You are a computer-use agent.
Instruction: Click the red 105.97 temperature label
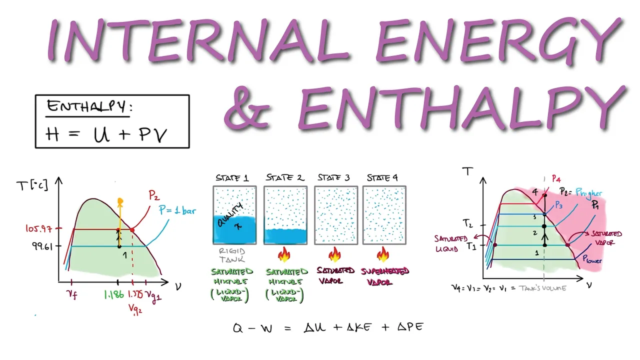pyautogui.click(x=39, y=228)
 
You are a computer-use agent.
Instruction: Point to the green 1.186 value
pyautogui.click(x=114, y=295)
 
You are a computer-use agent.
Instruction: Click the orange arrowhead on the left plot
pyautogui.click(x=119, y=201)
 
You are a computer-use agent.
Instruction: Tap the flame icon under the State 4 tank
pyautogui.click(x=383, y=255)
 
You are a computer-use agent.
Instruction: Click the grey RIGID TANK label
pyautogui.click(x=234, y=255)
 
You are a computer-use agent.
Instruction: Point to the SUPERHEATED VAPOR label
pyautogui.click(x=386, y=276)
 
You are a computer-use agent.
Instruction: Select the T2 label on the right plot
pyautogui.click(x=467, y=223)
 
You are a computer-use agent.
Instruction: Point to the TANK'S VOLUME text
pyautogui.click(x=542, y=288)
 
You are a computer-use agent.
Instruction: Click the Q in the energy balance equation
pyautogui.click(x=238, y=328)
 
